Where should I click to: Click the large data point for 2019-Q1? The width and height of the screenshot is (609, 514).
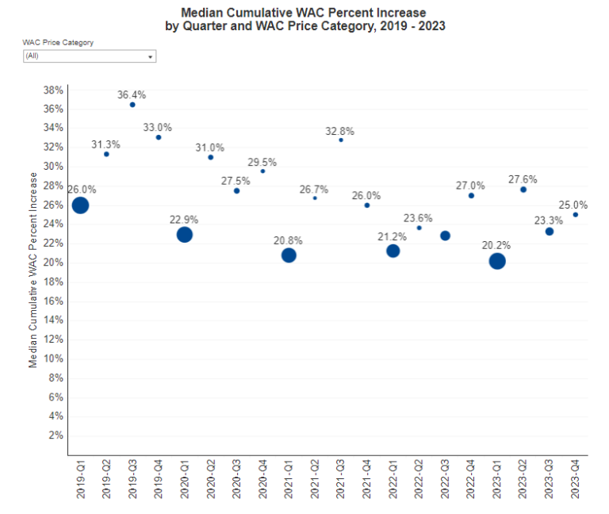[x=80, y=205]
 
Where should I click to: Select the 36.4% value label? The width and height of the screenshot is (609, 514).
[x=132, y=94]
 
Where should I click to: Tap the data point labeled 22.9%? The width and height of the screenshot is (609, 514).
[x=184, y=235]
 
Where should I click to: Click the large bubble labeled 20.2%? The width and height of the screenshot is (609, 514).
[x=497, y=261]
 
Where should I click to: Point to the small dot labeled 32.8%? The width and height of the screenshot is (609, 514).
[x=341, y=140]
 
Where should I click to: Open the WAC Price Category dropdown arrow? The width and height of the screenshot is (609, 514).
[x=151, y=57]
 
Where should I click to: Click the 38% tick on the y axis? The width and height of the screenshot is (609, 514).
[x=54, y=90]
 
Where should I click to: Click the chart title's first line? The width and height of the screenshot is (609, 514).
[x=303, y=13]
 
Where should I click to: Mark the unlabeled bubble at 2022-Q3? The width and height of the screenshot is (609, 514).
[x=445, y=236]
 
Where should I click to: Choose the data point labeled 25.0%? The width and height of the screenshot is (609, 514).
[x=575, y=215]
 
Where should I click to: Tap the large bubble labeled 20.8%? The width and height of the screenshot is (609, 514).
[x=289, y=255]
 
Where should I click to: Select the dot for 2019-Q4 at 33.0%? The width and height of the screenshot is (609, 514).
[x=158, y=137]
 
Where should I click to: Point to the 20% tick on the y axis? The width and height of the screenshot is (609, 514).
[x=54, y=263]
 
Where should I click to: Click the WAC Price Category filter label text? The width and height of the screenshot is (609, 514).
[x=59, y=43]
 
